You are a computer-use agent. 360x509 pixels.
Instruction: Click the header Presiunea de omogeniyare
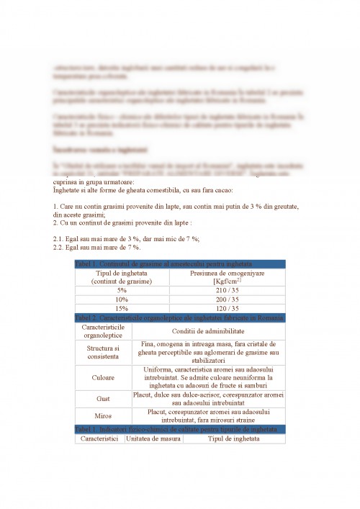226,276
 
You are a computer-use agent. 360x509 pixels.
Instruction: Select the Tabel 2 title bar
180,317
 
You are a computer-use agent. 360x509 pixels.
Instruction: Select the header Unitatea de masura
152,438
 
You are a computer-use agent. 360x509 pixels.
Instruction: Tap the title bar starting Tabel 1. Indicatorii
180,429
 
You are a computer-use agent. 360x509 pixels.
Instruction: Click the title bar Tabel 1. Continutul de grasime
180,263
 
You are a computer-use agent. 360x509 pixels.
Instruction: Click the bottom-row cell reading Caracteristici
99,438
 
